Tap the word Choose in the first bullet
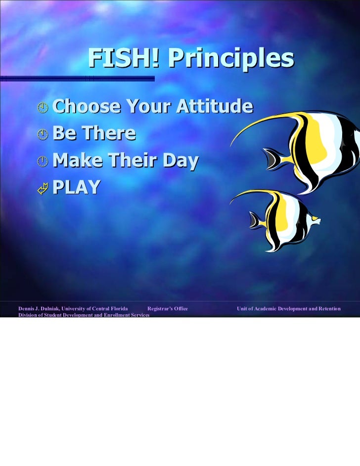pos(86,107)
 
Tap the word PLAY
pos(77,187)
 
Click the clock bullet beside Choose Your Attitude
pos(44,108)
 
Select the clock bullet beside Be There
pos(44,134)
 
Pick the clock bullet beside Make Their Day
pos(44,161)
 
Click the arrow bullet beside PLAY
pos(44,188)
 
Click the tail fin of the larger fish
pos(271,158)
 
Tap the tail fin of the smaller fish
pos(256,220)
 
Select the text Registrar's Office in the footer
pos(168,309)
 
